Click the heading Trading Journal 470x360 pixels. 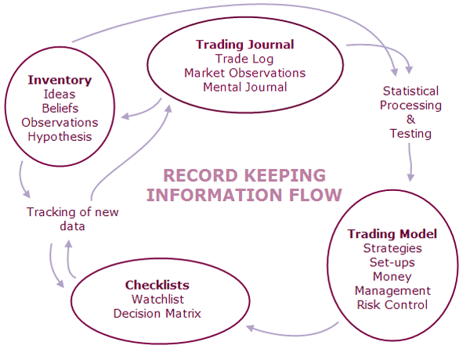(244, 45)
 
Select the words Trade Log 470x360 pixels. (244, 59)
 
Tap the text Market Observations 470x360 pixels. (244, 73)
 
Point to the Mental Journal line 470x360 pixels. (244, 87)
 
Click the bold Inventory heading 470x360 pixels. (60, 80)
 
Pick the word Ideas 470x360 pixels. (60, 94)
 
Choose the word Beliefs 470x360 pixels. (60, 108)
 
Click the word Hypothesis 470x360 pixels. (60, 136)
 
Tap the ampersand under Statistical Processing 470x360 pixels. (410, 119)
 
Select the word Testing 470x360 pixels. (410, 133)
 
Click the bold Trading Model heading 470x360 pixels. (392, 234)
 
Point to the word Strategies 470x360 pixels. (392, 248)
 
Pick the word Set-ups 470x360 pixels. (392, 262)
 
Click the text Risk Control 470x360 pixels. (392, 304)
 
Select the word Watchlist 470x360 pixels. (157, 299)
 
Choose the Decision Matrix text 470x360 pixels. (157, 313)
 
